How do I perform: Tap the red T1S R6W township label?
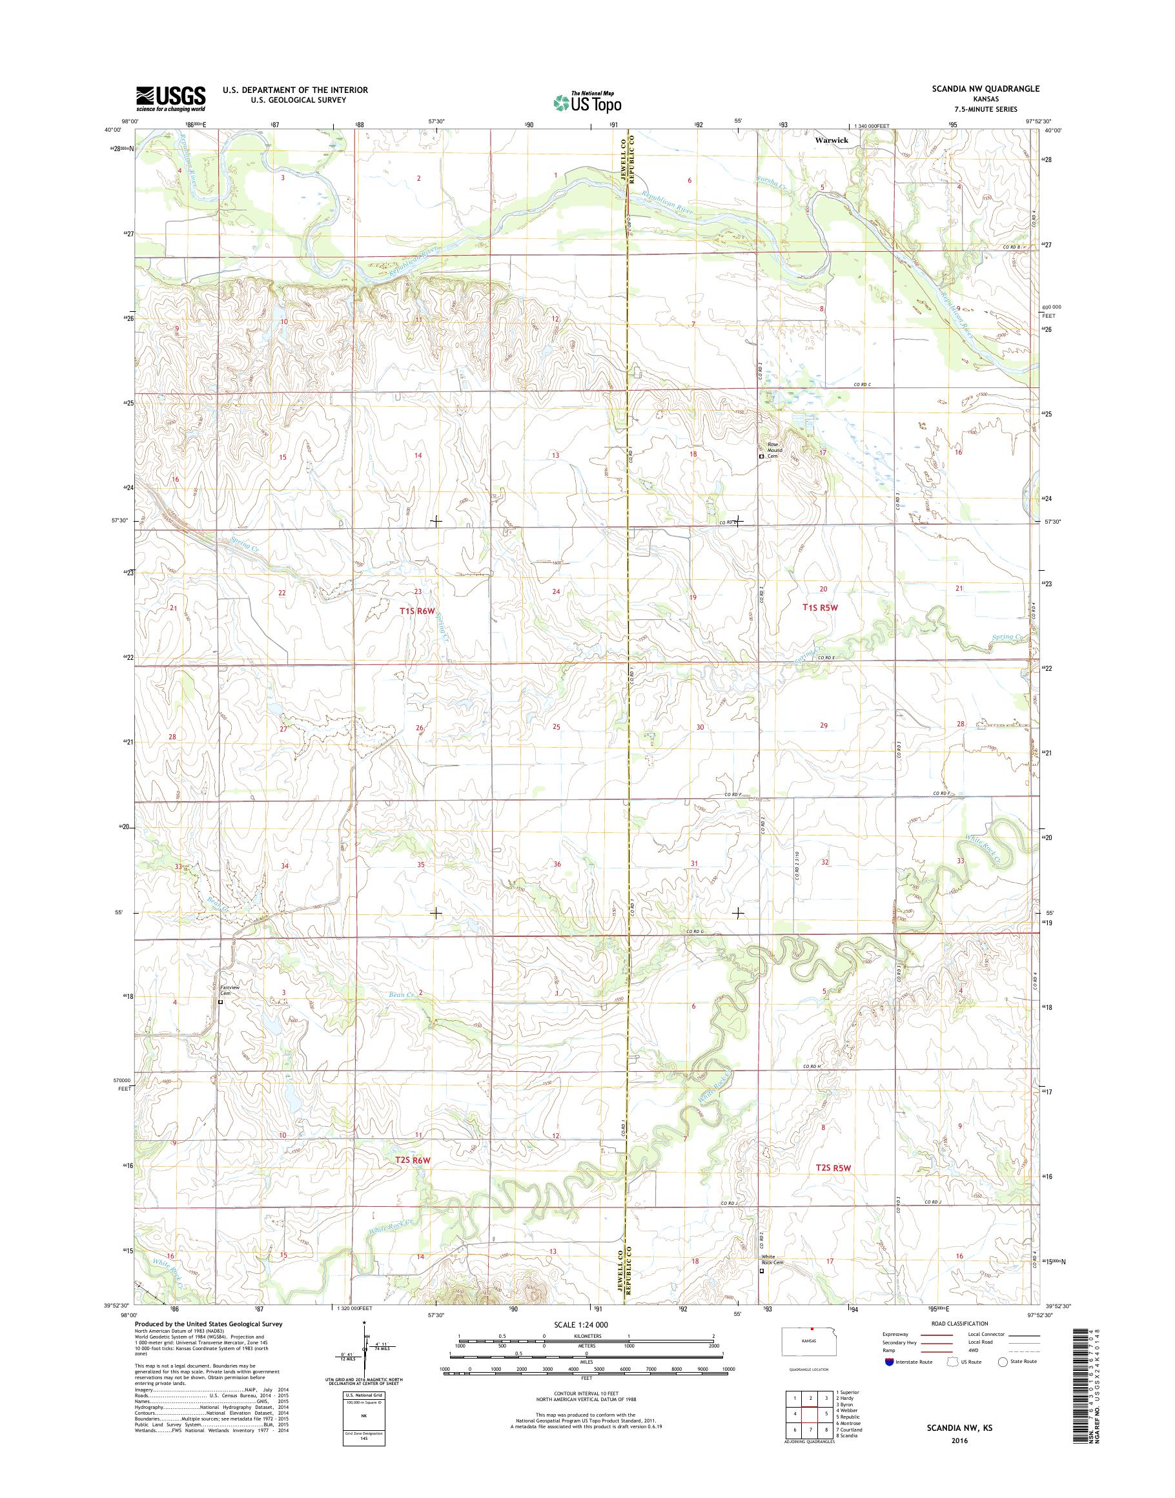(418, 611)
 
